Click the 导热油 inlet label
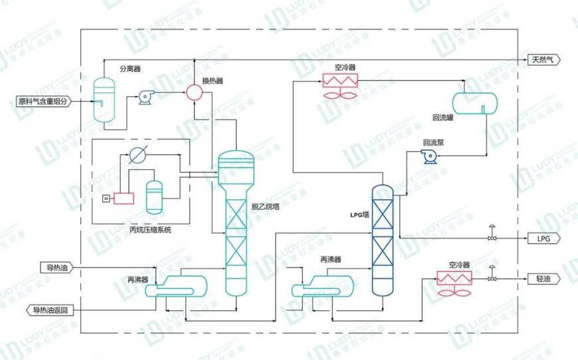tap(56, 268)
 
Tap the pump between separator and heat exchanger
tap(145, 98)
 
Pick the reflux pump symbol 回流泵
tap(429, 156)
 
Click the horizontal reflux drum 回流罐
tap(475, 102)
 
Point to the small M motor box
tap(105, 198)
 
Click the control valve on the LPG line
tap(492, 237)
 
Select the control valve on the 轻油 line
tap(492, 278)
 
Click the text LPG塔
tap(359, 215)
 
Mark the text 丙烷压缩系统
tap(150, 230)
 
